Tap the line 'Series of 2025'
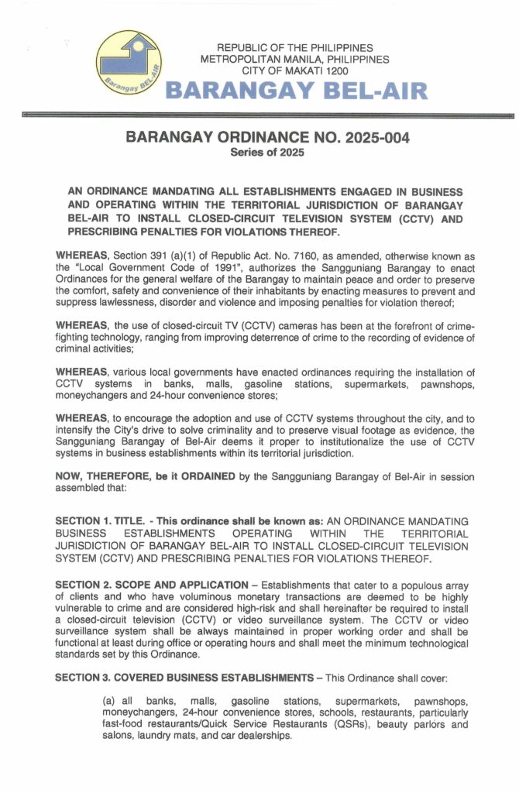click(x=267, y=153)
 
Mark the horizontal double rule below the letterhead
click(x=268, y=115)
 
